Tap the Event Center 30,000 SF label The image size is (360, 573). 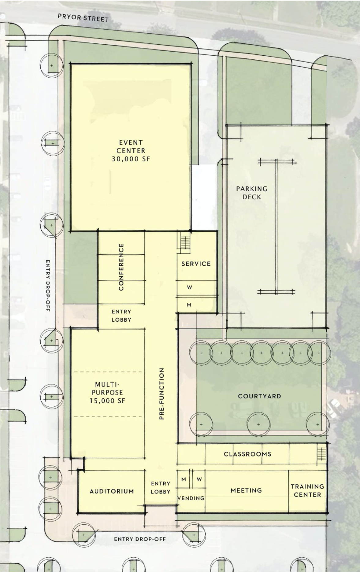(x=131, y=150)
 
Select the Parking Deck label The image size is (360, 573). (x=252, y=193)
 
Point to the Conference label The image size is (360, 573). (x=121, y=267)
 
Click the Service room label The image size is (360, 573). (x=196, y=264)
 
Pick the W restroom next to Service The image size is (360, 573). (x=190, y=287)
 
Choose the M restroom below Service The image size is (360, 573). (x=189, y=305)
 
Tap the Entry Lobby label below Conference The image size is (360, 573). (x=121, y=316)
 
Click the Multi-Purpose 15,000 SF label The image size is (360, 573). (x=107, y=392)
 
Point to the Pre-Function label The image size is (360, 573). (x=161, y=394)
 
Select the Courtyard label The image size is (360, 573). (x=259, y=396)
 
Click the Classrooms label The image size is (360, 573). (x=247, y=454)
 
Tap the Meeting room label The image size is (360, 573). (x=246, y=490)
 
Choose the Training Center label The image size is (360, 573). (x=307, y=490)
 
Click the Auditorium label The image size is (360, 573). (x=112, y=491)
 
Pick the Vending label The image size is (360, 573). (x=191, y=498)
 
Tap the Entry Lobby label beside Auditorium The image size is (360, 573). (x=161, y=487)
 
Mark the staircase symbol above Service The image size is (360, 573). (x=184, y=243)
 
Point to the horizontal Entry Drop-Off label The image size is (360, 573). (x=140, y=539)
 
